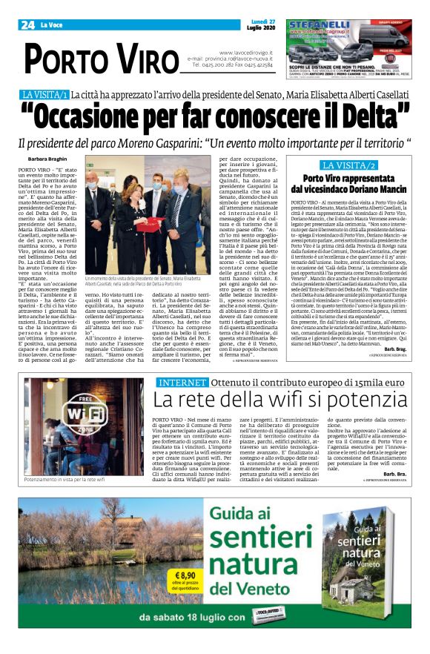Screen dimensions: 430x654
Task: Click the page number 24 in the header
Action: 27,25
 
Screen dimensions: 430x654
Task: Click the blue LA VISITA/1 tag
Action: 45,95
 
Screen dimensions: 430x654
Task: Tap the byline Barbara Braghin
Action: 46,159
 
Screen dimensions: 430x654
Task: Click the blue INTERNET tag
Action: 182,383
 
